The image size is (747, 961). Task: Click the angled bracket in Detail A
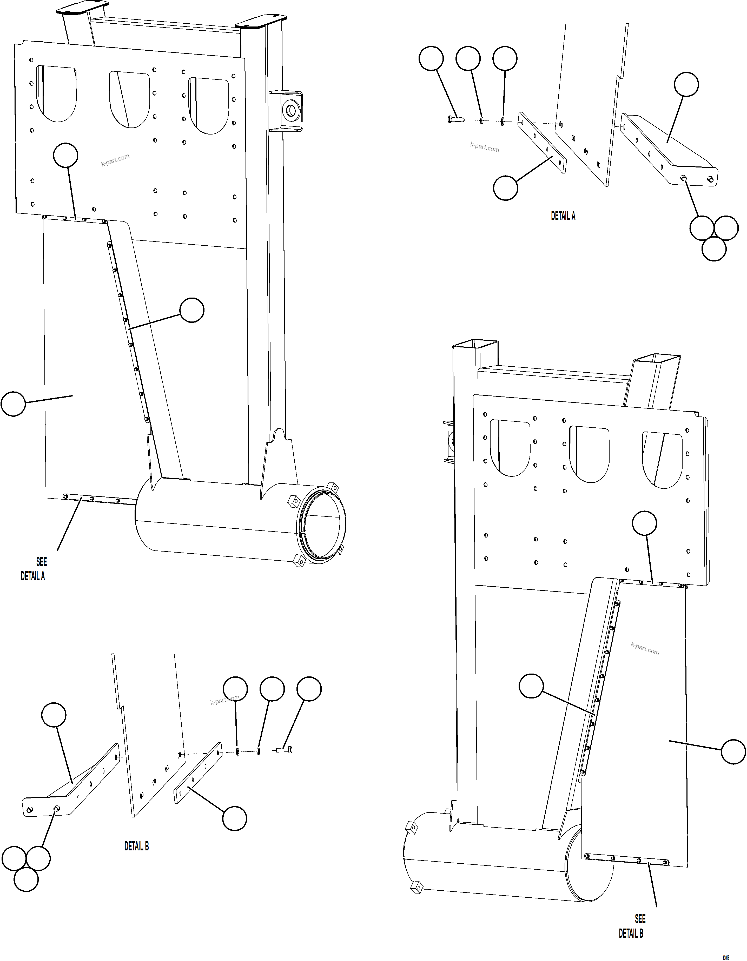pos(667,150)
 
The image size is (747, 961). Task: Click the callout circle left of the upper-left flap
pos(13,404)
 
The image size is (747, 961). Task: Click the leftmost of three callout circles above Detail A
pos(431,58)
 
